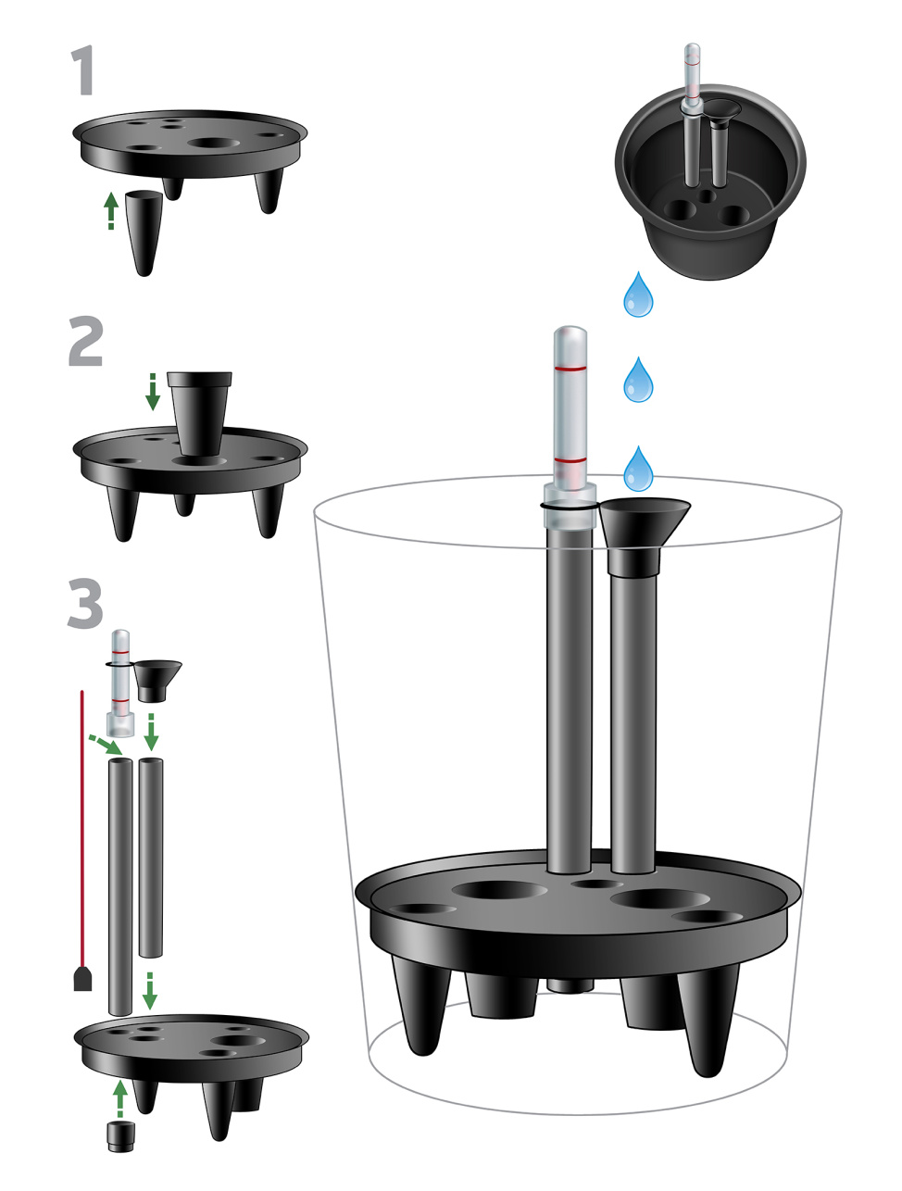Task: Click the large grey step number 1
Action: coord(83,71)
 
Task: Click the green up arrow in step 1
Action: coord(111,210)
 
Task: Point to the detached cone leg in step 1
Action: coord(144,232)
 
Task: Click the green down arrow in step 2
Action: coord(153,391)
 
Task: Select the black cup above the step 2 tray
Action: coord(200,413)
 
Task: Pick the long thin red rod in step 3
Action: coord(81,829)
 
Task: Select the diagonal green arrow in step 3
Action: coord(106,744)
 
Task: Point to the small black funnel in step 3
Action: coord(157,681)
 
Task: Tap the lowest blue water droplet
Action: coord(638,469)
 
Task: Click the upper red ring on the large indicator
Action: coord(570,369)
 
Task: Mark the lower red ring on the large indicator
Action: coord(570,460)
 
